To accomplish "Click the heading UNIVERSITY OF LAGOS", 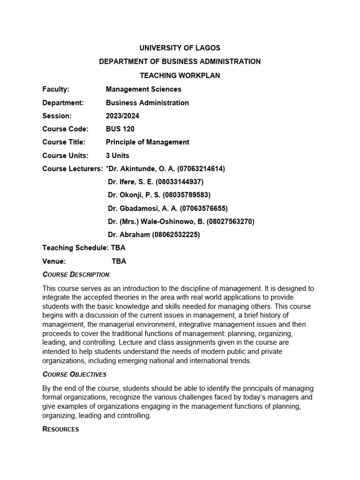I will (x=180, y=48).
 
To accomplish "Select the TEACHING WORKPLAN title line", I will (x=180, y=75).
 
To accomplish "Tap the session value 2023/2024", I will (x=122, y=116).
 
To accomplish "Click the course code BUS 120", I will (x=120, y=129).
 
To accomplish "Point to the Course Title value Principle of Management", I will (x=148, y=142).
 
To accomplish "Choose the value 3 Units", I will (x=118, y=156).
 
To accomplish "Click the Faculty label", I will (x=56, y=89).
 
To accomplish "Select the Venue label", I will (x=54, y=261).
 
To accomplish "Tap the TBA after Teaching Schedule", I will (x=118, y=248).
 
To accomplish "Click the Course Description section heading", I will (x=77, y=274).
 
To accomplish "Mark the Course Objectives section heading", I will (x=75, y=374).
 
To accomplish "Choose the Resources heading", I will (x=61, y=429).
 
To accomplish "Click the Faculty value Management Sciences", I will (x=143, y=89).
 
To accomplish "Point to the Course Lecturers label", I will (x=72, y=169).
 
